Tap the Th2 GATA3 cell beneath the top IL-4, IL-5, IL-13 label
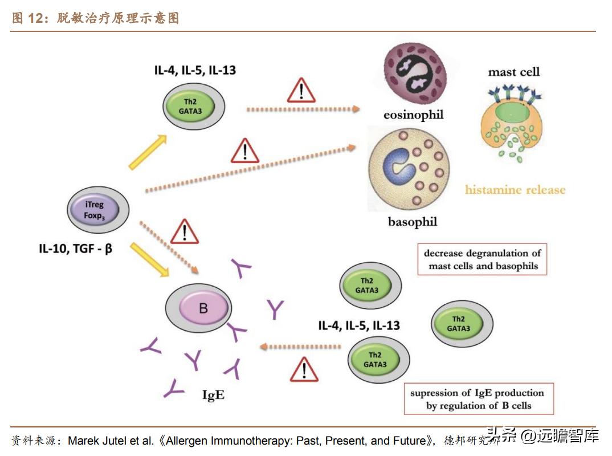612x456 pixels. (x=194, y=106)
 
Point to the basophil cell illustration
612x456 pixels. (x=409, y=169)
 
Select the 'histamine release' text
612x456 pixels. (x=515, y=190)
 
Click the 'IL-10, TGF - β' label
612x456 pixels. (x=75, y=248)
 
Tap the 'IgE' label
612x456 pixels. (x=213, y=395)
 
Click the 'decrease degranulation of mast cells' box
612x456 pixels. (x=482, y=260)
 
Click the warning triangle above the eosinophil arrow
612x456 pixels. (x=301, y=91)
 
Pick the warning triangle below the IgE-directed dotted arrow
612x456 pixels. (x=304, y=370)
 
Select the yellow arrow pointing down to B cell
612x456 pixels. (x=149, y=259)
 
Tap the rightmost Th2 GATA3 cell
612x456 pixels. (x=462, y=324)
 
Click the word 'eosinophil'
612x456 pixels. (x=413, y=115)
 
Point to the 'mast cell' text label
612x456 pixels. (x=513, y=72)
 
